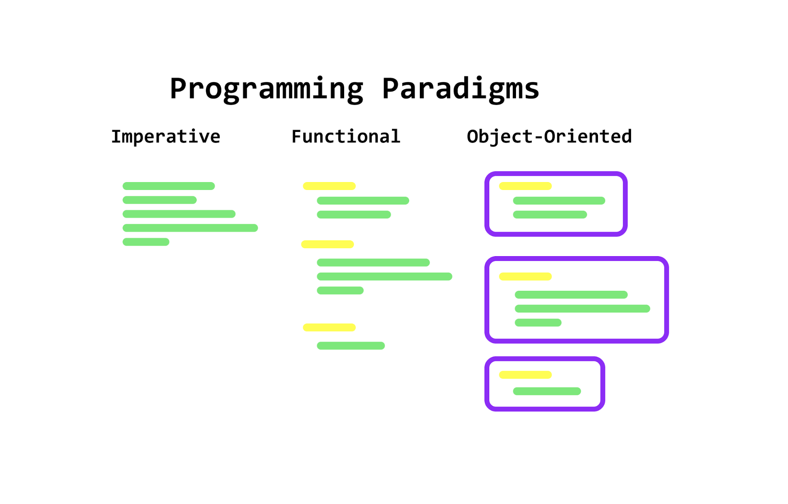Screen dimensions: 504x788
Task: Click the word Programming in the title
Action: pyautogui.click(x=266, y=89)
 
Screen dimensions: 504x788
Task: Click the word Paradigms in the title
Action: pyautogui.click(x=460, y=89)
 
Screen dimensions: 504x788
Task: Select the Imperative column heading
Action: pyautogui.click(x=166, y=137)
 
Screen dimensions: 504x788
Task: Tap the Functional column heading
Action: pyautogui.click(x=346, y=137)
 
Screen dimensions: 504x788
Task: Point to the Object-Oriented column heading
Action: pyautogui.click(x=549, y=137)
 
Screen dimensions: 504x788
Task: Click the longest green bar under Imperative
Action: pyautogui.click(x=190, y=228)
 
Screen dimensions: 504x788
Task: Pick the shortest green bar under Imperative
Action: pyautogui.click(x=146, y=242)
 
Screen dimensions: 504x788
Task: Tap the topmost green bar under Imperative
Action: pyautogui.click(x=169, y=186)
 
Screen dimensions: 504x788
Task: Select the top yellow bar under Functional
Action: pyautogui.click(x=329, y=186)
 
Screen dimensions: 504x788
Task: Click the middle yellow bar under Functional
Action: pyautogui.click(x=327, y=244)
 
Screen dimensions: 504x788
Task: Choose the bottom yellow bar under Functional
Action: pyautogui.click(x=329, y=327)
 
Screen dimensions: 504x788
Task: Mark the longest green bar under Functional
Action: pyautogui.click(x=384, y=277)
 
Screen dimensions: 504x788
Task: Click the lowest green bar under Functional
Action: pyautogui.click(x=351, y=346)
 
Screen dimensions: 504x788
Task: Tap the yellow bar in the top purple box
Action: pyautogui.click(x=525, y=186)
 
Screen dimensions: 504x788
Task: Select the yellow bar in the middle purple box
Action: pyautogui.click(x=525, y=277)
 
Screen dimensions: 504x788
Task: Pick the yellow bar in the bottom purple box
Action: pyautogui.click(x=525, y=375)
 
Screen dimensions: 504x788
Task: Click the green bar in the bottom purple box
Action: pyautogui.click(x=547, y=391)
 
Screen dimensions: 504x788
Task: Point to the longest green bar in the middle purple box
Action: pyautogui.click(x=582, y=309)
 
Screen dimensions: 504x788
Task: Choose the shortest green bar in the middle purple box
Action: pyautogui.click(x=538, y=323)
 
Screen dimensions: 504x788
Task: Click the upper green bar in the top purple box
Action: pyautogui.click(x=559, y=201)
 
